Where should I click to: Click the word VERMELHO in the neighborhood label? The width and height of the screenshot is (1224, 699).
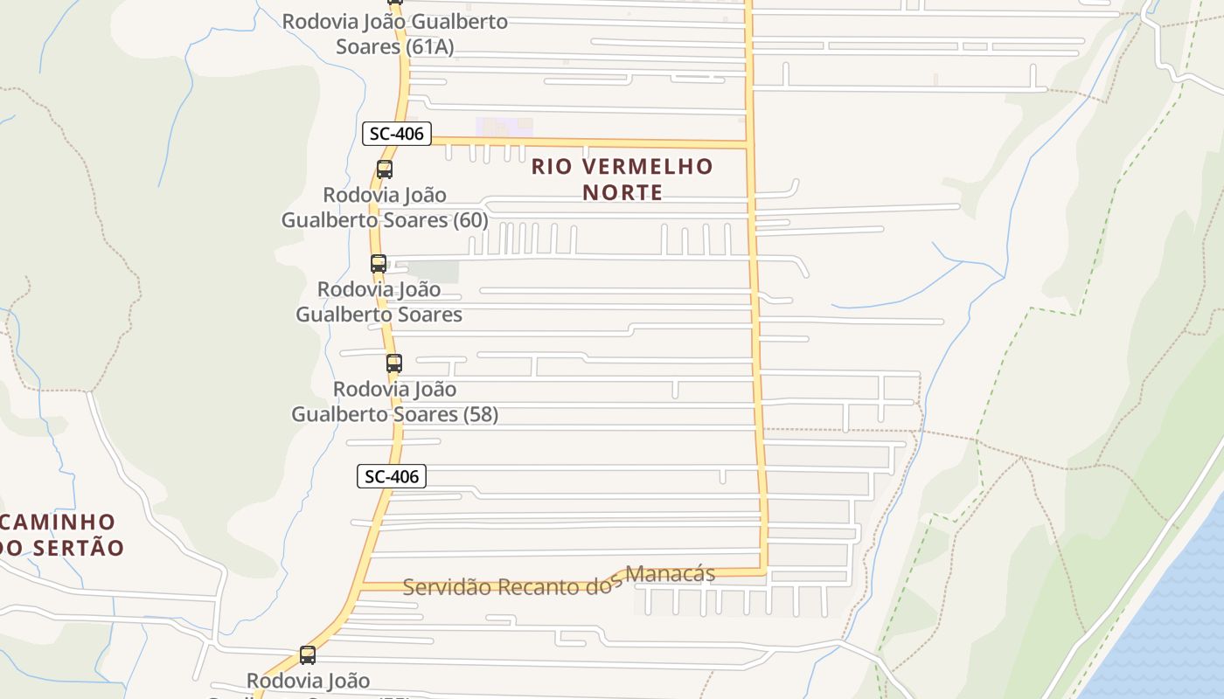click(648, 166)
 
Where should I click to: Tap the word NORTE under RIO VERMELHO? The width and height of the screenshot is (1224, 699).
click(622, 192)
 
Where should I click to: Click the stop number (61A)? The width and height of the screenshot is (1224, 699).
click(430, 46)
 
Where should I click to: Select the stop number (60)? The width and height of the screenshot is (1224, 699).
click(470, 219)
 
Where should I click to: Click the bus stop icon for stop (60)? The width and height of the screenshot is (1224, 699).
click(384, 170)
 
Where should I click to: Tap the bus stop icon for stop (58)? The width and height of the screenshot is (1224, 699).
click(394, 363)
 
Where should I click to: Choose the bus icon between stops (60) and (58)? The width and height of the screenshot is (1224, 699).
click(378, 263)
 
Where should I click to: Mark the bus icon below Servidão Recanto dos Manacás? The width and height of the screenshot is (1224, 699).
click(308, 655)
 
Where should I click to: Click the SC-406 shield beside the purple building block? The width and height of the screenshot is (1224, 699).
click(397, 134)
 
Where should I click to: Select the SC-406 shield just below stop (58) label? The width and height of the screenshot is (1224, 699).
click(392, 476)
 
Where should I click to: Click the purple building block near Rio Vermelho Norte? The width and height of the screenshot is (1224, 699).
click(504, 127)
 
